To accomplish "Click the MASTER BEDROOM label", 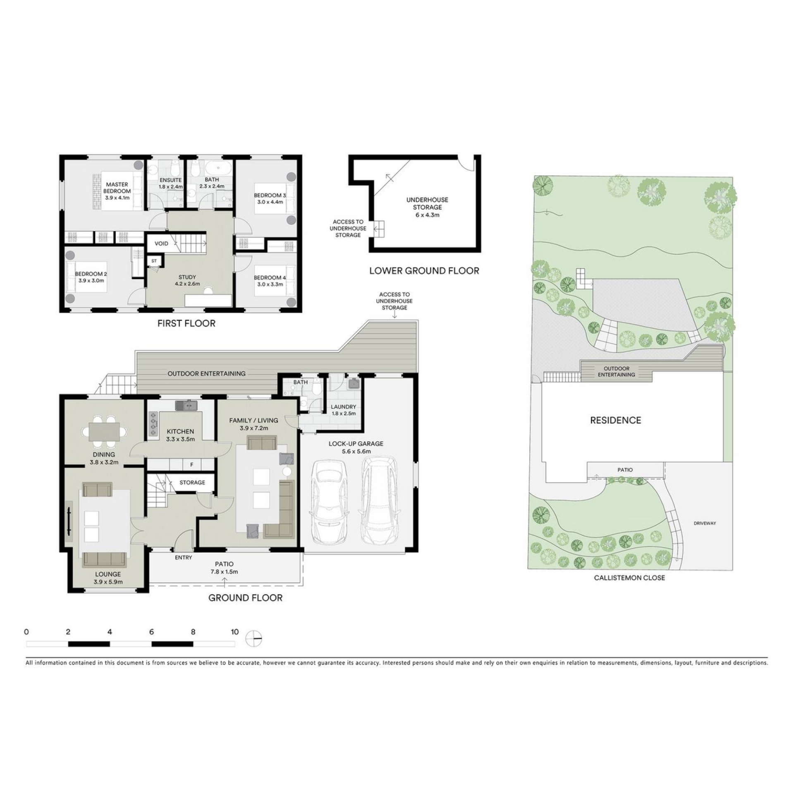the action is (117, 188).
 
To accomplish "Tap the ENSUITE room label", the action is (170, 180).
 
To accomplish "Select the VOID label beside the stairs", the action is (161, 244).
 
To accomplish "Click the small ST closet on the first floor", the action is (154, 261).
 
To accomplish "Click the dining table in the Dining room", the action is (104, 432).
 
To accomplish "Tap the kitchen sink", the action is (186, 405).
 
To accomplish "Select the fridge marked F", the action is (192, 465).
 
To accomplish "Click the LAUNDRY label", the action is (343, 407).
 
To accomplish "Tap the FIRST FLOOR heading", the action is (187, 323).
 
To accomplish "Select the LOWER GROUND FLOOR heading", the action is (424, 271).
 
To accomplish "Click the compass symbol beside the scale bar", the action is (254, 639).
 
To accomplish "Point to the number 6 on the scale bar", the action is (152, 632).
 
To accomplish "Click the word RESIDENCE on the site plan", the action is (615, 420).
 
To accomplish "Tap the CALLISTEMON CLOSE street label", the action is (629, 578).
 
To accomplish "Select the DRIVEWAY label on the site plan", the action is (705, 523).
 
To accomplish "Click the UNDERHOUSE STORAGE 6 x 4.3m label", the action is (427, 207).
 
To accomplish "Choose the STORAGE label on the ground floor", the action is (192, 482).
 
